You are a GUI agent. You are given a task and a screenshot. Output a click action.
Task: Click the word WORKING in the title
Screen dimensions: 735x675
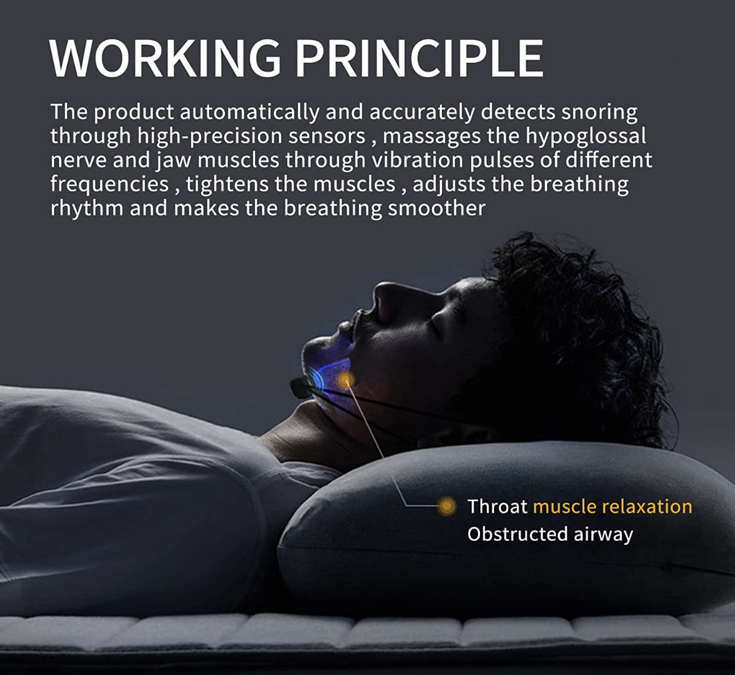tap(165, 58)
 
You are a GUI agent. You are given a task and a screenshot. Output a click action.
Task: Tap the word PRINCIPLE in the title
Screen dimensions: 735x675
tap(420, 58)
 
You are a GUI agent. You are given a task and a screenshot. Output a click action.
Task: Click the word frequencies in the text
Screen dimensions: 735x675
tap(109, 184)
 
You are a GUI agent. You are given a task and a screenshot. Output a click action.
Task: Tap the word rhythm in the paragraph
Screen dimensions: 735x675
tap(87, 208)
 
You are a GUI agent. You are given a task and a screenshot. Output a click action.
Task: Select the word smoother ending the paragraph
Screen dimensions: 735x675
tap(436, 208)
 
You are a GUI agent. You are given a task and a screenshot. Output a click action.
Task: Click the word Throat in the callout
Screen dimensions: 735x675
tap(497, 507)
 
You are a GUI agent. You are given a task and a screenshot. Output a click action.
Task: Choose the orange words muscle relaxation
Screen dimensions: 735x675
tap(613, 507)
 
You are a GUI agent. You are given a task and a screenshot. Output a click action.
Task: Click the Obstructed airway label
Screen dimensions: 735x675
tap(550, 534)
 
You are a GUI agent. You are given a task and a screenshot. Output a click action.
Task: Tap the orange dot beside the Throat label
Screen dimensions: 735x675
tap(447, 507)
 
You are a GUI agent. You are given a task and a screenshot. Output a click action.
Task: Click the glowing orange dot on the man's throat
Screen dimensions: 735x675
tap(345, 379)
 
